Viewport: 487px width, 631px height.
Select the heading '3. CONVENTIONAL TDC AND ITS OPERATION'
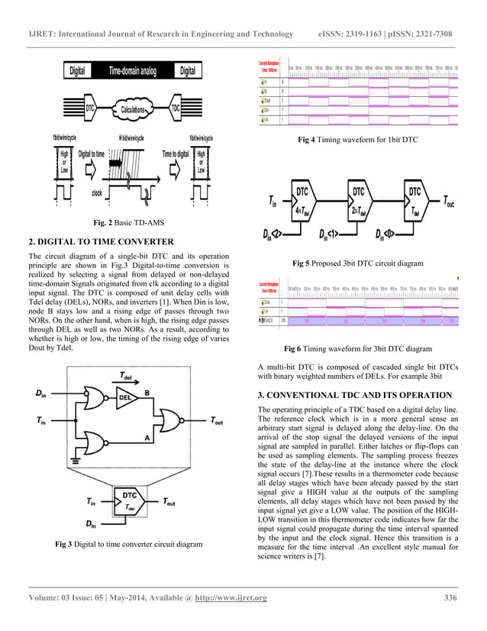tap(355, 394)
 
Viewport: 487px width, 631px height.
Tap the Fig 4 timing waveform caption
tap(358, 141)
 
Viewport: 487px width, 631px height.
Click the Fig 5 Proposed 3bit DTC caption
tap(357, 263)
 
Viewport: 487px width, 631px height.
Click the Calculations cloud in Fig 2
tap(134, 108)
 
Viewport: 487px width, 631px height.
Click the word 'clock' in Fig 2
tap(97, 193)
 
